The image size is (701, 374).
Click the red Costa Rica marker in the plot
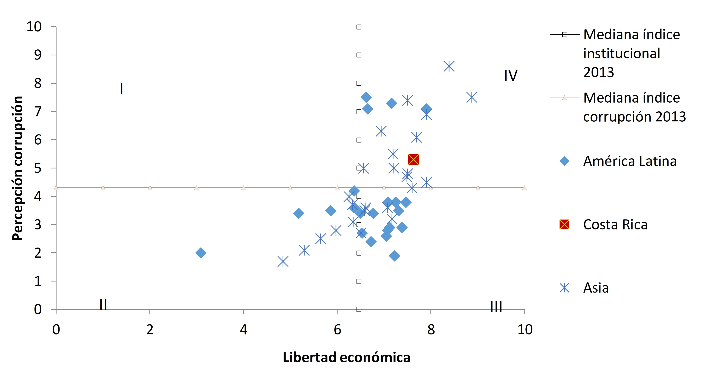413,160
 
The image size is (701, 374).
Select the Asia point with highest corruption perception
449,66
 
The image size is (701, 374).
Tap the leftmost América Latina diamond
201,253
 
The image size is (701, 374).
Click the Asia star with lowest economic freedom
283,262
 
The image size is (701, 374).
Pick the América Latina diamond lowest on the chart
395,256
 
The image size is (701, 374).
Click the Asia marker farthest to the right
472,97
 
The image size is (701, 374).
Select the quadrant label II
103,304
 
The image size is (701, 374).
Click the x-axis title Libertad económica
346,357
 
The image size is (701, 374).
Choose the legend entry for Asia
596,288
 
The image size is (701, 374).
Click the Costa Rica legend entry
615,225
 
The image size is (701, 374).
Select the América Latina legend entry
629,161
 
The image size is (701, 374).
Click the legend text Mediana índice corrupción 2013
634,107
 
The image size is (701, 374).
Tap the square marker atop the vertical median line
359,27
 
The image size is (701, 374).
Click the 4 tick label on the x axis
243,330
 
